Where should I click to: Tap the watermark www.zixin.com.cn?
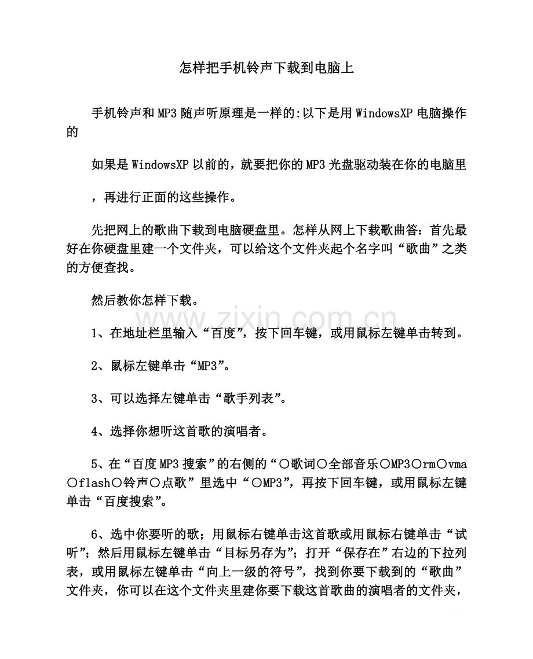click(x=266, y=318)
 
